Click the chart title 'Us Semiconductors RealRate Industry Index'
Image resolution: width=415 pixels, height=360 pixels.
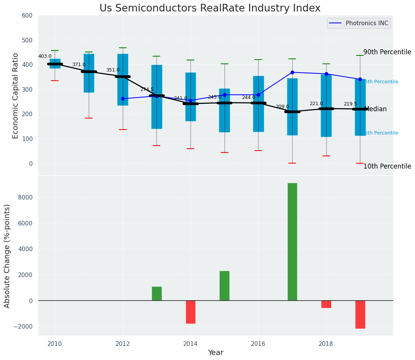pyautogui.click(x=210, y=8)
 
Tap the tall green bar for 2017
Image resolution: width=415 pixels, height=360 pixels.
pyautogui.click(x=292, y=242)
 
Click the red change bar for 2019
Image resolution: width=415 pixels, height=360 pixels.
pyautogui.click(x=360, y=314)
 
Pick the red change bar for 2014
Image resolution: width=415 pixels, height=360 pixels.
pyautogui.click(x=190, y=312)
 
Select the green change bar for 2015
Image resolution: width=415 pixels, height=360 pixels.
pyautogui.click(x=225, y=285)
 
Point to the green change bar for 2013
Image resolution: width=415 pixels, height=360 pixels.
pyautogui.click(x=156, y=294)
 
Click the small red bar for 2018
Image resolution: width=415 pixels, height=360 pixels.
pyautogui.click(x=326, y=304)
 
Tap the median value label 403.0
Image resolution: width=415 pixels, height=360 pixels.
pyautogui.click(x=45, y=56)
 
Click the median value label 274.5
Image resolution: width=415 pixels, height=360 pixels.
pyautogui.click(x=146, y=89)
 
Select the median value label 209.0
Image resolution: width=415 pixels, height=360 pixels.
pyautogui.click(x=282, y=107)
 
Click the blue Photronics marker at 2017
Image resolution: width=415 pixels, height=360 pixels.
pyautogui.click(x=292, y=72)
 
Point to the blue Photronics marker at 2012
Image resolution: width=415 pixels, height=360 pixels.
pyautogui.click(x=123, y=99)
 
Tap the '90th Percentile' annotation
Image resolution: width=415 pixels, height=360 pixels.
pyautogui.click(x=387, y=52)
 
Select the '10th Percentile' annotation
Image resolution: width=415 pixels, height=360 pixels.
pyautogui.click(x=387, y=166)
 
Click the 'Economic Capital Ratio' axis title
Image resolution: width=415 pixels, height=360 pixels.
pyautogui.click(x=16, y=96)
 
